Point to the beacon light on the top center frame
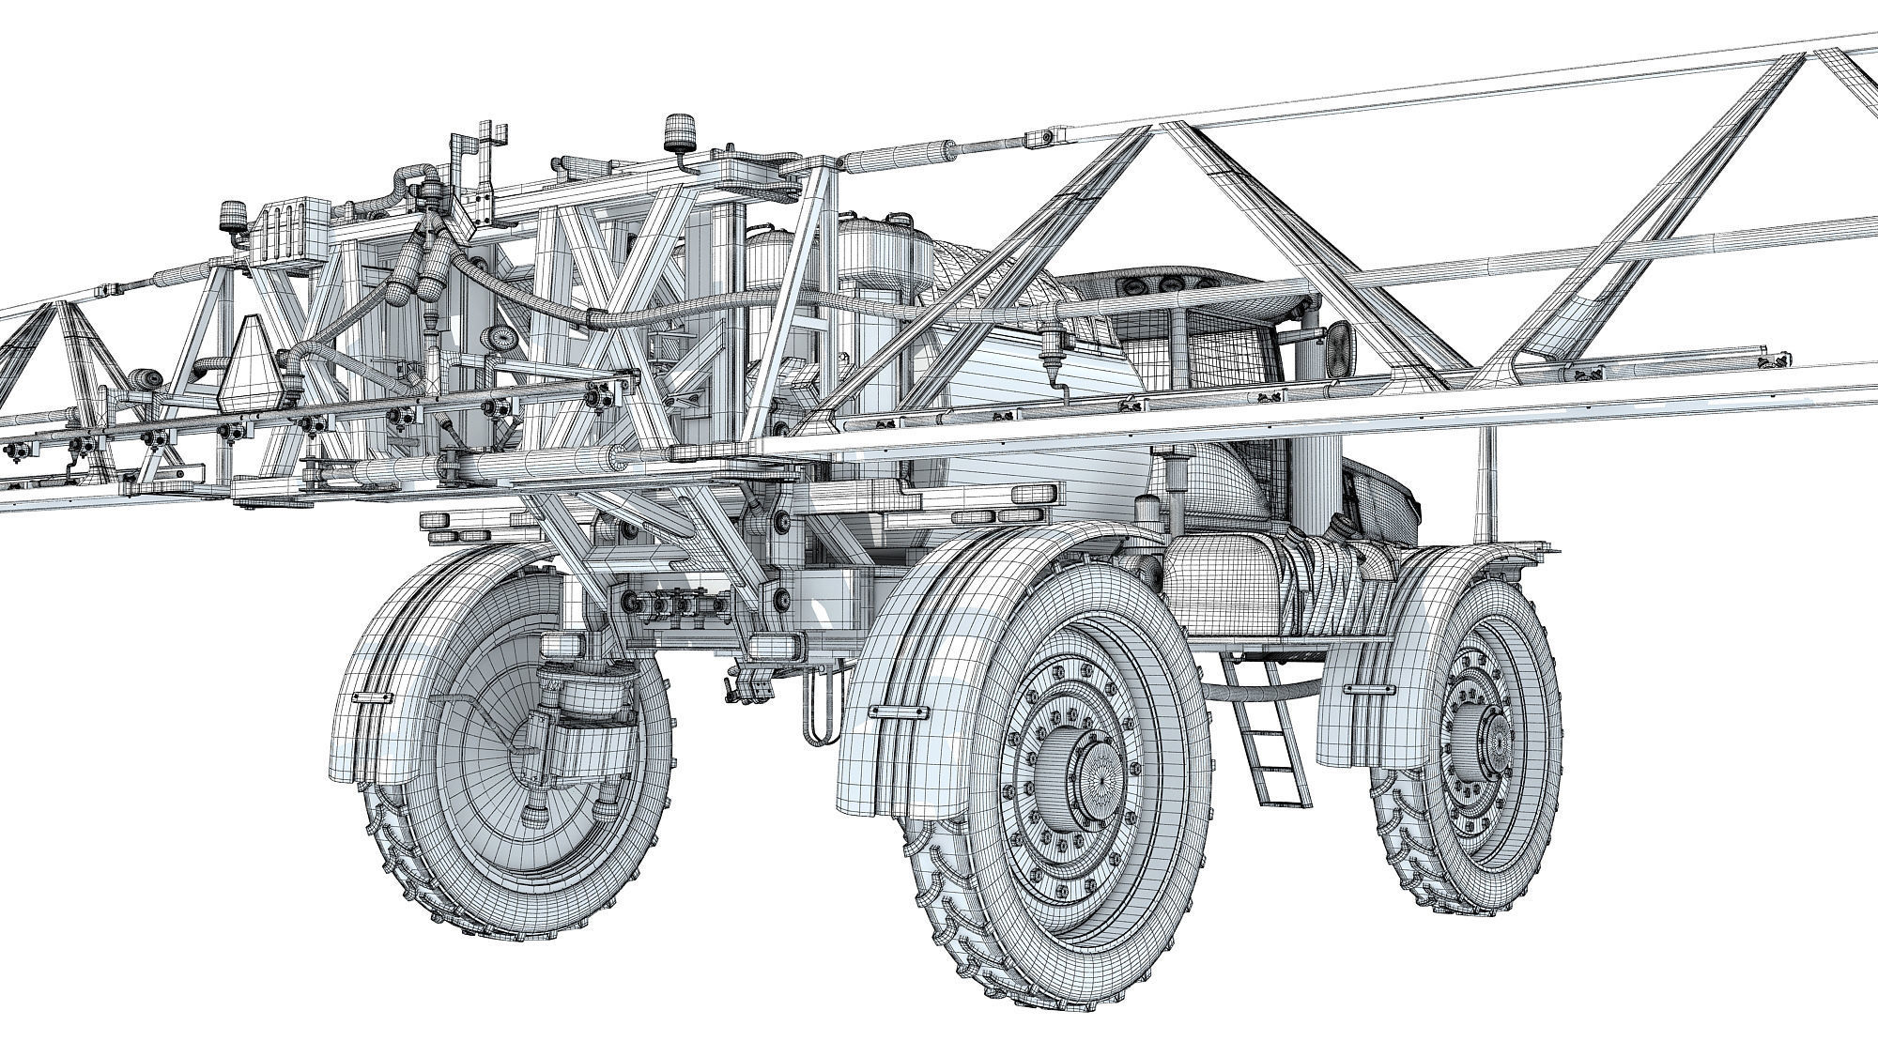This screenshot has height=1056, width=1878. click(x=676, y=131)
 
